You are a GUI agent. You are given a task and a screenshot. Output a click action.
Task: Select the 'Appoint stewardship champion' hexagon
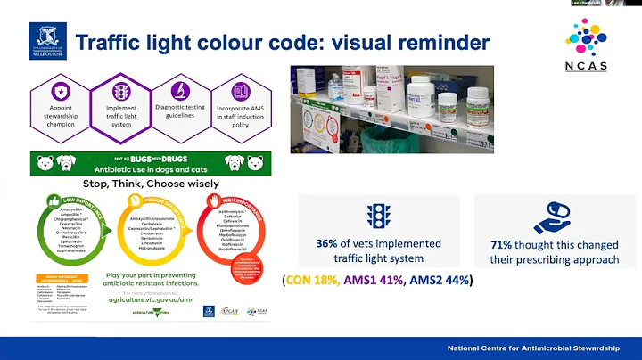(60, 104)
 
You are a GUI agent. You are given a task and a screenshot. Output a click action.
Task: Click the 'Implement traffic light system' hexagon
(121, 104)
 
